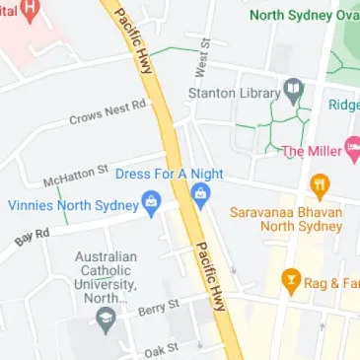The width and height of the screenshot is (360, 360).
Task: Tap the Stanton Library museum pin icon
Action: [293, 92]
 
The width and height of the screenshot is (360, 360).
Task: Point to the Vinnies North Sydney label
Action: [70, 206]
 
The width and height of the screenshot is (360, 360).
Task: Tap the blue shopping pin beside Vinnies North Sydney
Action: [151, 205]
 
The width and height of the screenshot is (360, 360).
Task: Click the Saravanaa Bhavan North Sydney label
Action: [286, 218]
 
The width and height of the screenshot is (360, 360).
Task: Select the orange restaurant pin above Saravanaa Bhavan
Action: [320, 183]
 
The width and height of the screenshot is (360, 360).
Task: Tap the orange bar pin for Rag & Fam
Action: [290, 281]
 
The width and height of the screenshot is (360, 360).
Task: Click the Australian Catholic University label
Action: [106, 277]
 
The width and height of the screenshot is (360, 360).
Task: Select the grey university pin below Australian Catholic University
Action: [106, 319]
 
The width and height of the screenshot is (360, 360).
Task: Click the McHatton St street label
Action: [75, 177]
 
